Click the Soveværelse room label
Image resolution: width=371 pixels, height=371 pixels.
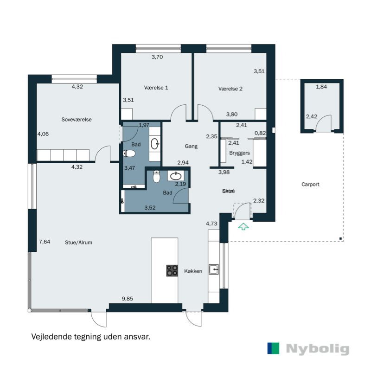(x=77, y=119)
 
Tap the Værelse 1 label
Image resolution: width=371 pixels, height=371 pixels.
(x=156, y=88)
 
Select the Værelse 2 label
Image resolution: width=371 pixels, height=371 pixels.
(x=230, y=89)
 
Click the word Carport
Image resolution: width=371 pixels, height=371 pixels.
(x=310, y=184)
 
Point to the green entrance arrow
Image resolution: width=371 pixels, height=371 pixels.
(x=243, y=226)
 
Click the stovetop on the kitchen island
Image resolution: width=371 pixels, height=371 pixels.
(x=172, y=270)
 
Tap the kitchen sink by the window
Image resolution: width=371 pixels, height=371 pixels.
(x=214, y=269)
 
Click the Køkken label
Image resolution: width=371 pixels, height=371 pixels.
(x=193, y=271)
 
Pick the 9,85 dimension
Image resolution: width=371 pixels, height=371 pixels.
(x=127, y=299)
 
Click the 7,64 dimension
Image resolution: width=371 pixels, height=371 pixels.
(x=45, y=241)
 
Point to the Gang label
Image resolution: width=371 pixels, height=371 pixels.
(x=191, y=146)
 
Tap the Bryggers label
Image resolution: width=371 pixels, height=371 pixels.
(x=239, y=153)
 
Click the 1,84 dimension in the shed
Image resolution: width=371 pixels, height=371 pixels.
(x=321, y=87)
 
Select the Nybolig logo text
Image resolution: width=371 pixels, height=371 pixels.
(x=317, y=349)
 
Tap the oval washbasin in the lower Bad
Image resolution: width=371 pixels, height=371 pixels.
(x=176, y=176)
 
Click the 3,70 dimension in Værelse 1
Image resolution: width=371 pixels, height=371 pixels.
(x=158, y=57)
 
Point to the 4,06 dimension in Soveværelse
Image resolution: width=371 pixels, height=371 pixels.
(x=43, y=134)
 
